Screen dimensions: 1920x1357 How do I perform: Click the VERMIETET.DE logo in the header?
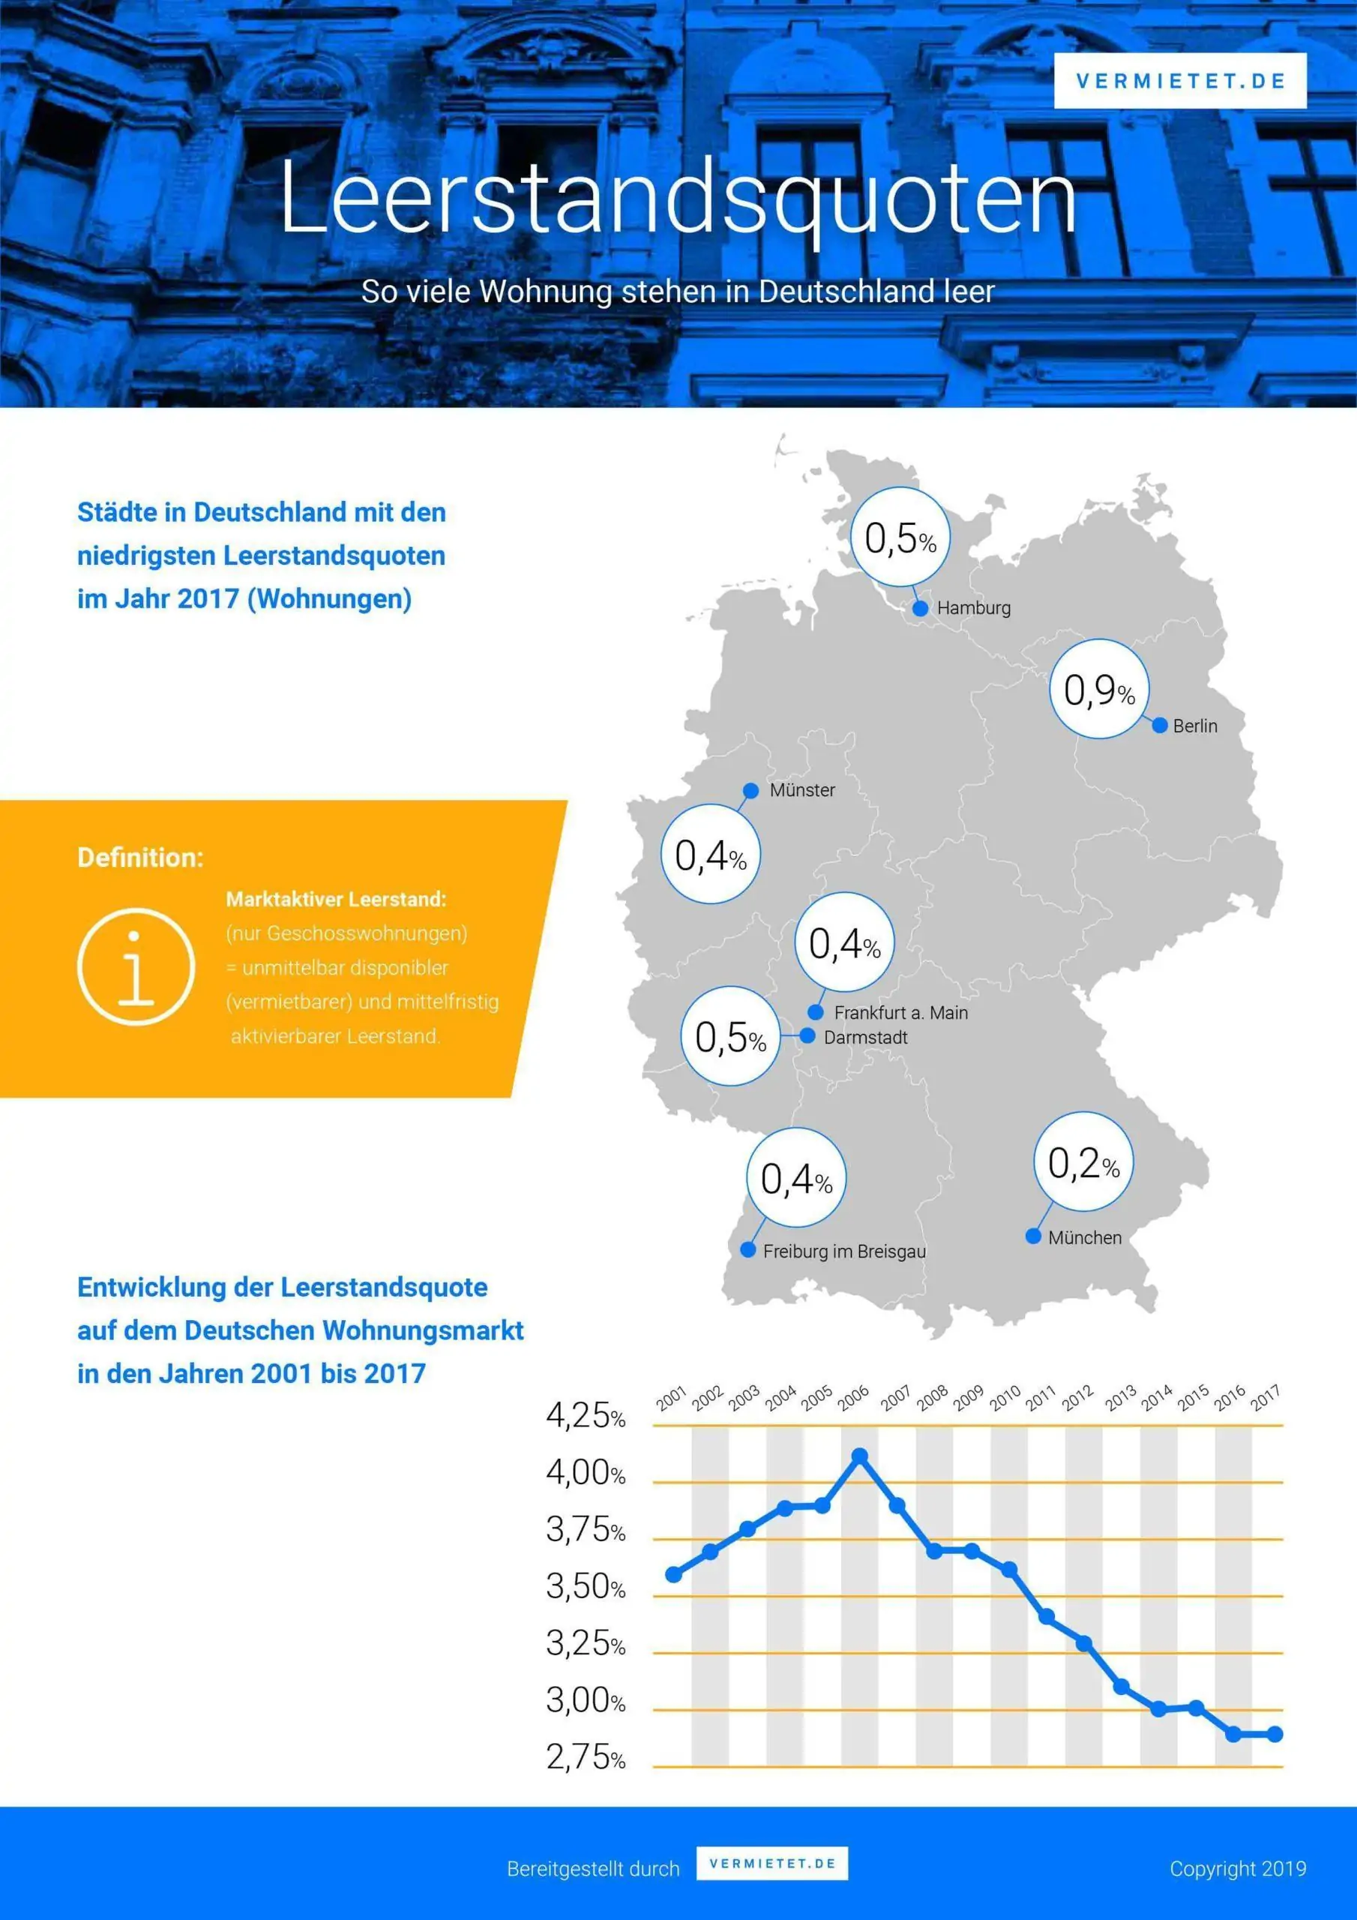click(x=1180, y=81)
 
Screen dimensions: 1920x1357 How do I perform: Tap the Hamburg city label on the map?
click(x=973, y=608)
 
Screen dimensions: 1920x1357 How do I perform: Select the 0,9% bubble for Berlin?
click(x=1098, y=690)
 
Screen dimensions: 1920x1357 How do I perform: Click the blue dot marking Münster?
click(x=750, y=790)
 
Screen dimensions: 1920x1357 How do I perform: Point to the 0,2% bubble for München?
click(x=1083, y=1162)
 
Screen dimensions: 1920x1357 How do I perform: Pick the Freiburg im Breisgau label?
click(x=844, y=1251)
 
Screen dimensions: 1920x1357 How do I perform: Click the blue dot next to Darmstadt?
click(x=807, y=1036)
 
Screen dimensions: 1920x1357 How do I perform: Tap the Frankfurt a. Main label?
click(x=900, y=1012)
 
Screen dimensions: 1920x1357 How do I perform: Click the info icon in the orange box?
click(x=136, y=967)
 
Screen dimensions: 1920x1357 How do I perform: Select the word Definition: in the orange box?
click(x=140, y=857)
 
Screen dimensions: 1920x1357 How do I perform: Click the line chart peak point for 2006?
click(x=859, y=1456)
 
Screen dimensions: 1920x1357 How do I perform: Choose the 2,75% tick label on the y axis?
click(x=586, y=1758)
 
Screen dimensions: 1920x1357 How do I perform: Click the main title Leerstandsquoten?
click(x=678, y=198)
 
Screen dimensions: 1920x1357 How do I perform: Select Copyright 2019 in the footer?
click(x=1238, y=1869)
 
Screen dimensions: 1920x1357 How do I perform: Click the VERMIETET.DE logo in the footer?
click(x=771, y=1864)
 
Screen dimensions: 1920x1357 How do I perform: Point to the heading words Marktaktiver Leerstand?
click(x=336, y=899)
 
